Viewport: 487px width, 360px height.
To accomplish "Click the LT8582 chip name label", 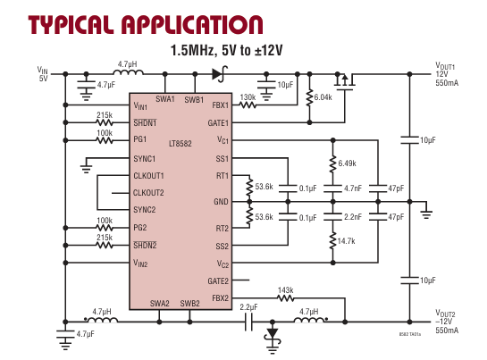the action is [181, 144].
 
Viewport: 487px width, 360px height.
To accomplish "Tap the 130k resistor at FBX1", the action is [248, 105].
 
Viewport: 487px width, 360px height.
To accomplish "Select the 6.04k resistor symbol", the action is [309, 98].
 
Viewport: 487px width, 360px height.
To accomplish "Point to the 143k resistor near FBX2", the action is [285, 298].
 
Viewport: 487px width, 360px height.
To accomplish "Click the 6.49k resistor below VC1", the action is [333, 164].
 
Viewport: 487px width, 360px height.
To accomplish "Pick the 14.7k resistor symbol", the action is [333, 240].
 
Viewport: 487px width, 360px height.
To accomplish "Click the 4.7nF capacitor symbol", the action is [333, 188].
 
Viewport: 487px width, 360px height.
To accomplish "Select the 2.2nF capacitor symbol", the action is [333, 216].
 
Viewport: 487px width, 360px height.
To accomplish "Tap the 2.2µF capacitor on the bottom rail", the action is [248, 322].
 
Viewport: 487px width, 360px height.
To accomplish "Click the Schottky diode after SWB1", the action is [220, 74].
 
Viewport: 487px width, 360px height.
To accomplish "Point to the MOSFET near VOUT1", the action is [344, 81].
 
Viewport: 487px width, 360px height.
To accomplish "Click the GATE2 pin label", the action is [218, 281].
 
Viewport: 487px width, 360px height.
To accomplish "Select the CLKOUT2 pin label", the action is [148, 193].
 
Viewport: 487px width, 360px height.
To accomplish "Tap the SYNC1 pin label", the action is [144, 159].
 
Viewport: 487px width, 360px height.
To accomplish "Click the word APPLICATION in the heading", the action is [192, 25].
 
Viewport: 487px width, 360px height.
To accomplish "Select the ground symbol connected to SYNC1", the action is [86, 170].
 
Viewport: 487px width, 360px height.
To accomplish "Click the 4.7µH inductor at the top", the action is [128, 72].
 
